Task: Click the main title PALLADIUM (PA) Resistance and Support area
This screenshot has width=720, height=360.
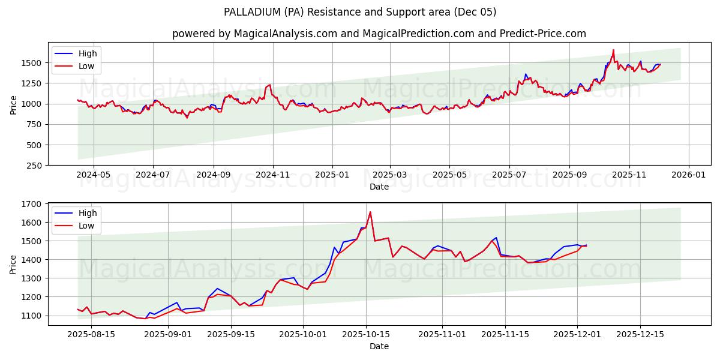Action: click(360, 12)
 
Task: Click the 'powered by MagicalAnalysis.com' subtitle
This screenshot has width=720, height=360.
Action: click(379, 34)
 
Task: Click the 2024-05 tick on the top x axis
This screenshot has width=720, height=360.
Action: click(94, 175)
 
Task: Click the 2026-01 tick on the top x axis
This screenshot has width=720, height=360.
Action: click(688, 175)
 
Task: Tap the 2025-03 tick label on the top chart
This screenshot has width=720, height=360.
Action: click(390, 175)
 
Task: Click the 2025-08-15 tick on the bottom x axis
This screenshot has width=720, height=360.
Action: click(91, 335)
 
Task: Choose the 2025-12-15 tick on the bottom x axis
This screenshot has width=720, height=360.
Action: click(640, 335)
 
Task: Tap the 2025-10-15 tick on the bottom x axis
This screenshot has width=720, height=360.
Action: click(366, 335)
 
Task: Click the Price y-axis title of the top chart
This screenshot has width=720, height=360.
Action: click(13, 104)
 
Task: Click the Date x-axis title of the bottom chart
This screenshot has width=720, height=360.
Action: click(379, 346)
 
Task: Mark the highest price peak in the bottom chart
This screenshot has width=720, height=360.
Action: click(370, 212)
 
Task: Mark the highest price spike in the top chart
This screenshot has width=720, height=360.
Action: click(613, 50)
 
